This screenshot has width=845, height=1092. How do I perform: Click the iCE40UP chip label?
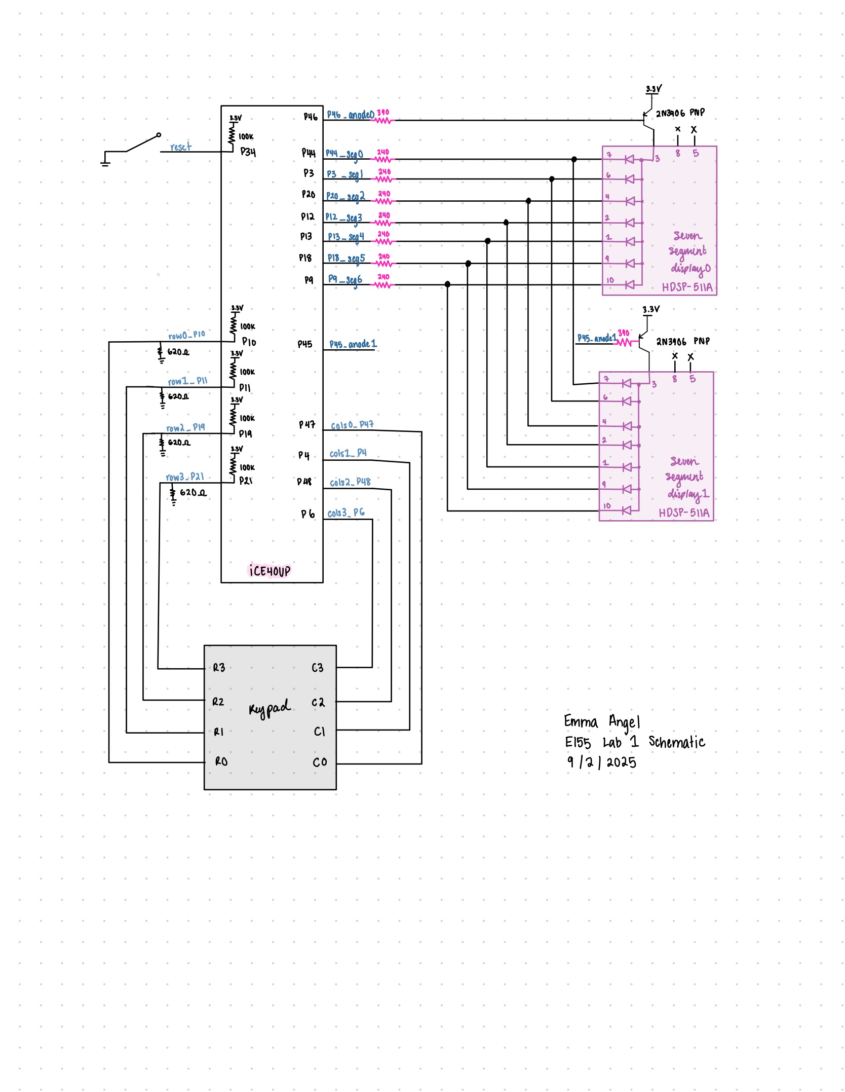click(270, 571)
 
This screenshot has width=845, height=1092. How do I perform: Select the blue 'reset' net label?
click(181, 147)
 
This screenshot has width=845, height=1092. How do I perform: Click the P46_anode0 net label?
click(350, 115)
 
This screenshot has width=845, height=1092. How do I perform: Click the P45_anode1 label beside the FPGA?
click(353, 344)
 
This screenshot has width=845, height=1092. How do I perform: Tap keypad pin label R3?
click(219, 668)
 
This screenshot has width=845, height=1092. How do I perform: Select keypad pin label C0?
click(320, 762)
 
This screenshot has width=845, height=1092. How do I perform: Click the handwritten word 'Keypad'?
click(270, 708)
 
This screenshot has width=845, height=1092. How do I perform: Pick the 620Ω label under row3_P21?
click(193, 492)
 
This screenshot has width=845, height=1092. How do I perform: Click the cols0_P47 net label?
click(352, 425)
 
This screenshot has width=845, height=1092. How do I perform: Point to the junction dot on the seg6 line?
click(447, 284)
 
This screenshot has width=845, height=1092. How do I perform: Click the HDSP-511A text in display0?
click(686, 287)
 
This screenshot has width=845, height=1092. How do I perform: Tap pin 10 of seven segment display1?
click(607, 506)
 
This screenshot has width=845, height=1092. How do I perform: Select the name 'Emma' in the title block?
click(581, 721)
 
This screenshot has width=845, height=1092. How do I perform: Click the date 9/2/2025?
click(601, 762)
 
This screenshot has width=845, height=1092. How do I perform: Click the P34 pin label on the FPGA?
click(248, 152)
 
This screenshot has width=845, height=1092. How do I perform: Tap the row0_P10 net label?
click(186, 335)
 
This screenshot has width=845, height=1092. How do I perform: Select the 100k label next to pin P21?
click(247, 467)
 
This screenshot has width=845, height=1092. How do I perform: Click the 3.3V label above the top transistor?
click(654, 89)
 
